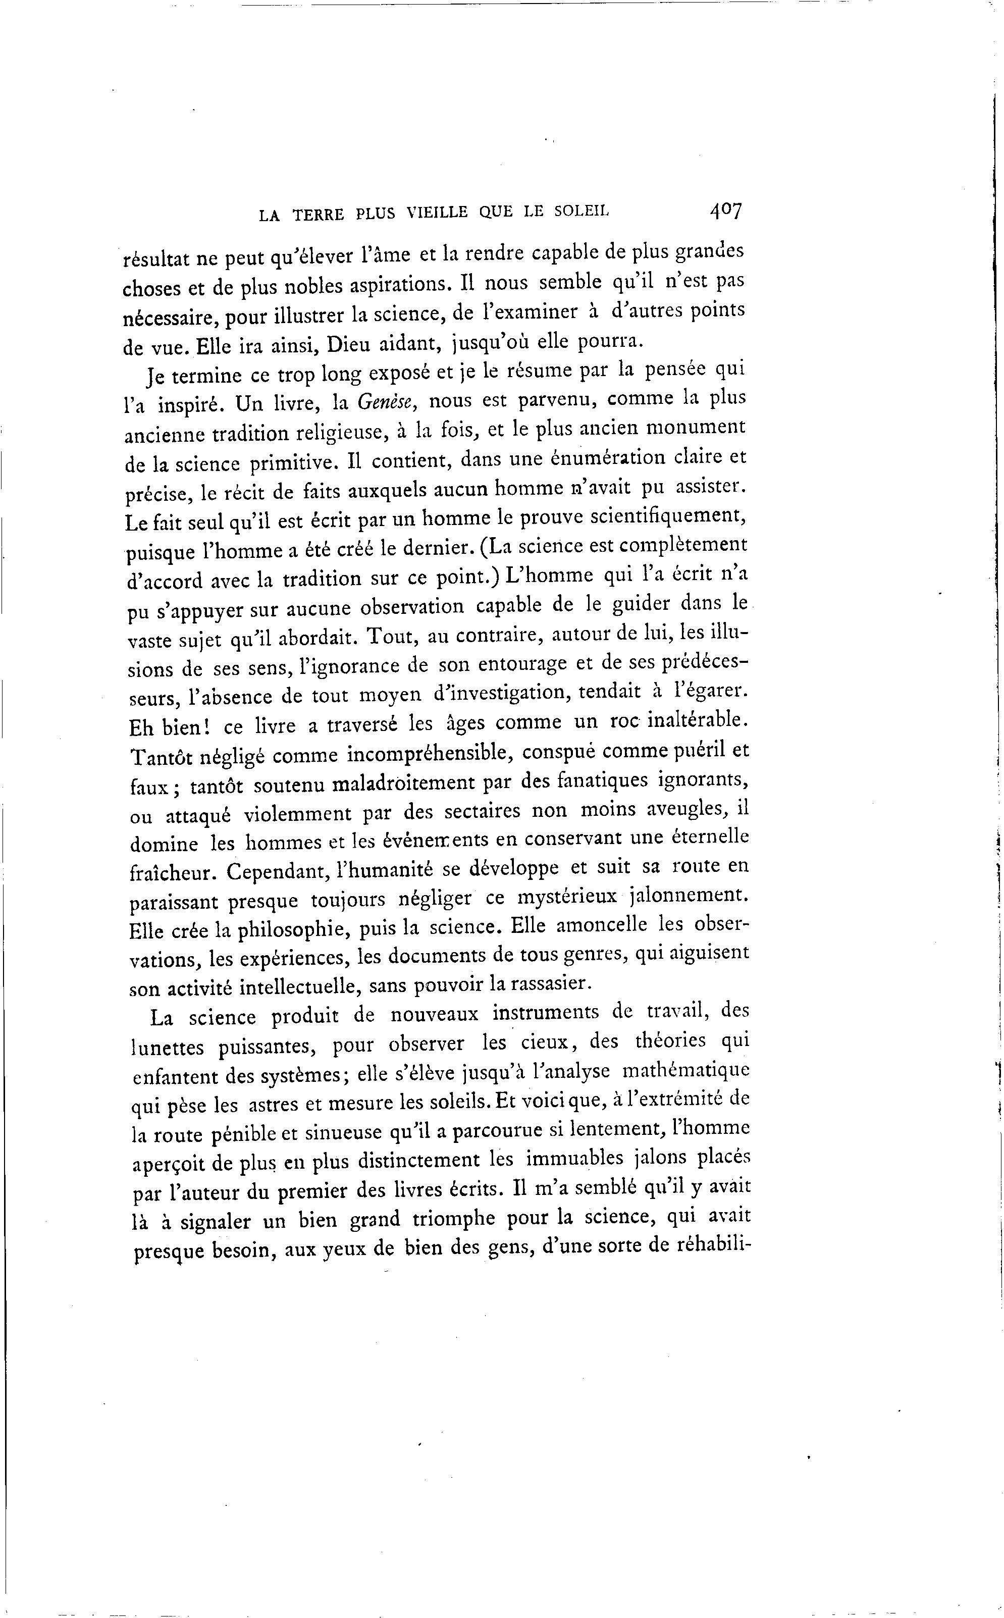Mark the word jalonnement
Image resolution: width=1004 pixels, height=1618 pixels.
point(688,896)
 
